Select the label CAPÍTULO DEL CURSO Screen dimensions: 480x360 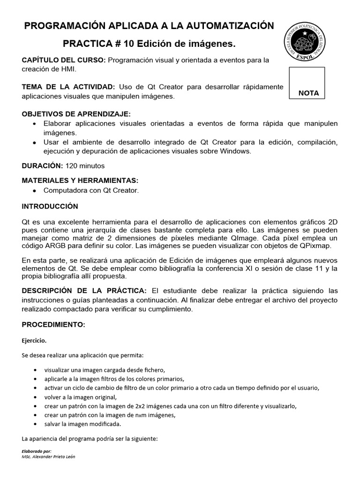pyautogui.click(x=64, y=60)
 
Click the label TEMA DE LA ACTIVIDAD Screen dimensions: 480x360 pyautogui.click(x=68, y=87)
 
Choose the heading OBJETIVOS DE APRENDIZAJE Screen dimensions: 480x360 pyautogui.click(x=76, y=114)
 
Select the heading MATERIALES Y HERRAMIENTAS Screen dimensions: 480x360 pyautogui.click(x=80, y=180)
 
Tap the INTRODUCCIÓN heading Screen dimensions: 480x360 pyautogui.click(x=50, y=207)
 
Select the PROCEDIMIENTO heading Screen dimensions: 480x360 pyautogui.click(x=53, y=324)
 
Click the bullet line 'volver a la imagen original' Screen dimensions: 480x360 pyautogui.click(x=80, y=397)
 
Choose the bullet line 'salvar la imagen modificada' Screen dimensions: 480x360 pyautogui.click(x=82, y=424)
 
